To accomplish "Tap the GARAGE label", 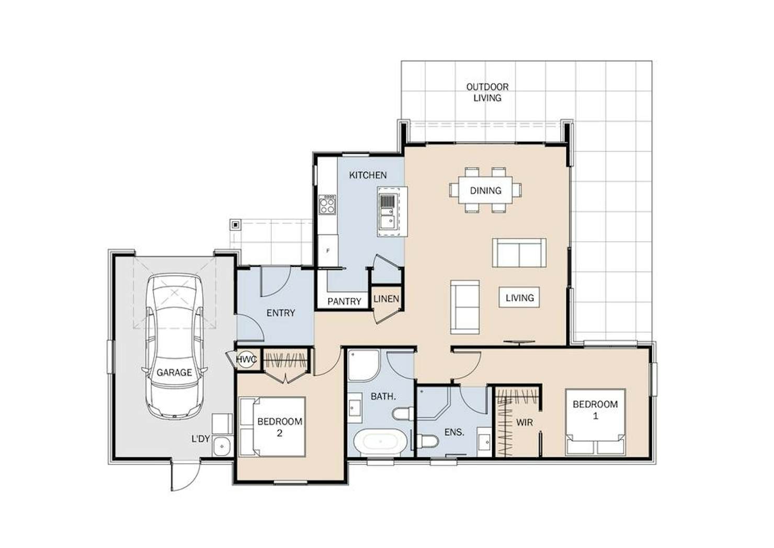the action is tap(174, 372).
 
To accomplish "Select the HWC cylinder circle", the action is tap(246, 360).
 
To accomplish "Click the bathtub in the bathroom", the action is tap(380, 442).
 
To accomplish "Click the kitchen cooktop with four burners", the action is tap(327, 204).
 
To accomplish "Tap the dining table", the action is tap(485, 190).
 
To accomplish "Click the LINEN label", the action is tap(386, 299).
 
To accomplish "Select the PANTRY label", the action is tap(344, 301).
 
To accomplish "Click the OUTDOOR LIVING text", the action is tap(487, 92).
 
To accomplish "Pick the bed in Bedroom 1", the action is tap(595, 422).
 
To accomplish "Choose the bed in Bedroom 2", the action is tap(272, 427).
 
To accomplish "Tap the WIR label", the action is tap(525, 422).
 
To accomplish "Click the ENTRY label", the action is tap(280, 313).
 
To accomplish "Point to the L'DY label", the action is tap(201, 439).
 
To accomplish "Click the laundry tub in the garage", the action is tap(222, 446).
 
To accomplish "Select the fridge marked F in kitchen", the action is tap(328, 250).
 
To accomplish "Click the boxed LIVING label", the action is tap(519, 297).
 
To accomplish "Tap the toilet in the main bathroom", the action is tap(403, 413).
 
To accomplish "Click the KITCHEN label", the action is tap(368, 175).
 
